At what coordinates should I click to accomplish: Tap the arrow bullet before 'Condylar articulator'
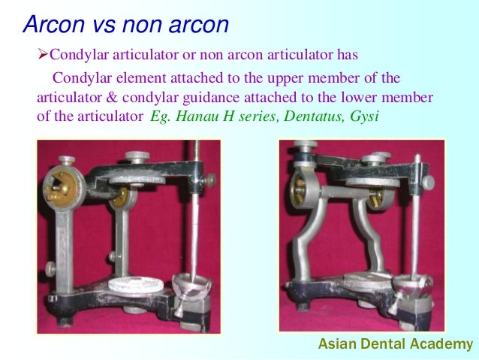point(43,56)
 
